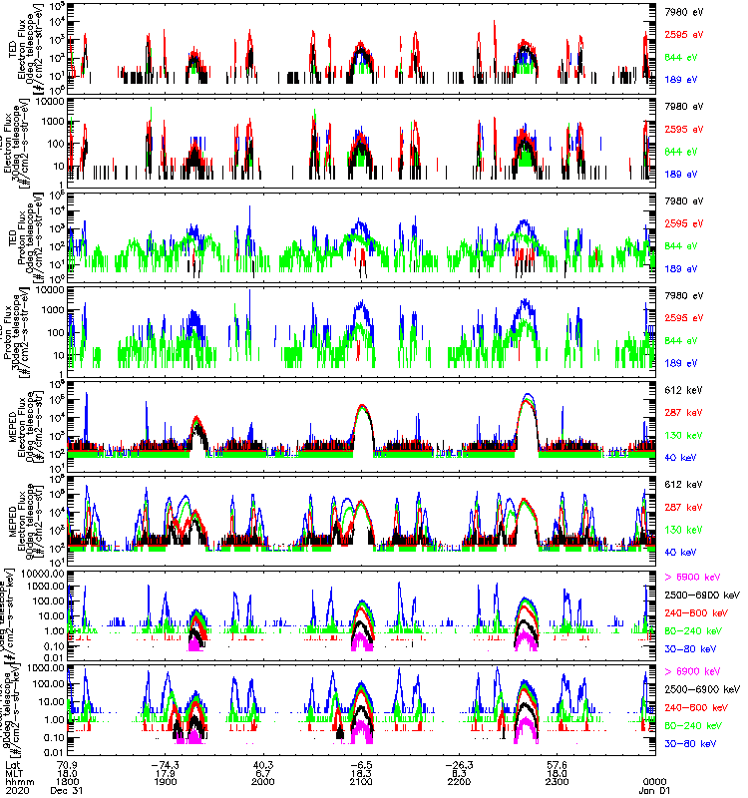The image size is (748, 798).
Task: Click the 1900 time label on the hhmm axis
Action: click(x=166, y=780)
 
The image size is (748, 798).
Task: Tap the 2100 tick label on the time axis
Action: click(x=361, y=780)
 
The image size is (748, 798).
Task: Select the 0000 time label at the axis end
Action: click(x=654, y=780)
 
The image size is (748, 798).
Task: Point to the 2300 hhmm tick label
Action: click(x=557, y=780)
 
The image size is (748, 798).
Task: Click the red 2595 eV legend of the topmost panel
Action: click(x=682, y=32)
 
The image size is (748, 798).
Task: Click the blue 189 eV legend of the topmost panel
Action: click(x=679, y=76)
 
